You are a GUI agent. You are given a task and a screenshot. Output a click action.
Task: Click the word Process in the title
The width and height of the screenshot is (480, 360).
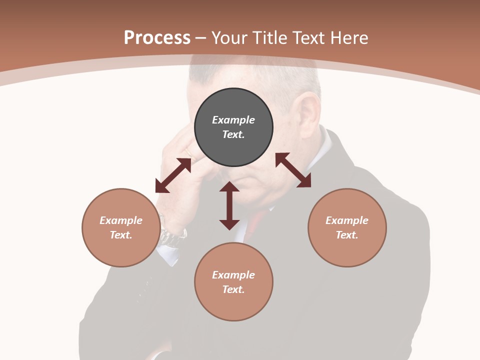157,38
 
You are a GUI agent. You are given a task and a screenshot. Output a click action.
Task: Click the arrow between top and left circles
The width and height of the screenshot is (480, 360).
173,175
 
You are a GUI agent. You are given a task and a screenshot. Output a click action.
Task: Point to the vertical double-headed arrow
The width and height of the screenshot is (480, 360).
229,205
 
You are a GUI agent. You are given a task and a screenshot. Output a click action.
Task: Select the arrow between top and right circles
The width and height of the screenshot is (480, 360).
293,170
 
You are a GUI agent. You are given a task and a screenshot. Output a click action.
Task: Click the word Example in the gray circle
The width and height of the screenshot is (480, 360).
233,120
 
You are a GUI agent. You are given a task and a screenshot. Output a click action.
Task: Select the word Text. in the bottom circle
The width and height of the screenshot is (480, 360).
233,289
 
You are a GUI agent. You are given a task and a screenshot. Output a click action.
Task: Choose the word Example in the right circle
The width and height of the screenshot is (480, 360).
347,220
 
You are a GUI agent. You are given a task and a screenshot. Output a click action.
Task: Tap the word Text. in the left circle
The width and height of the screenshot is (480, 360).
121,235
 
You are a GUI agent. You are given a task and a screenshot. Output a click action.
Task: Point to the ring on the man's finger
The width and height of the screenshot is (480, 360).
188,152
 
